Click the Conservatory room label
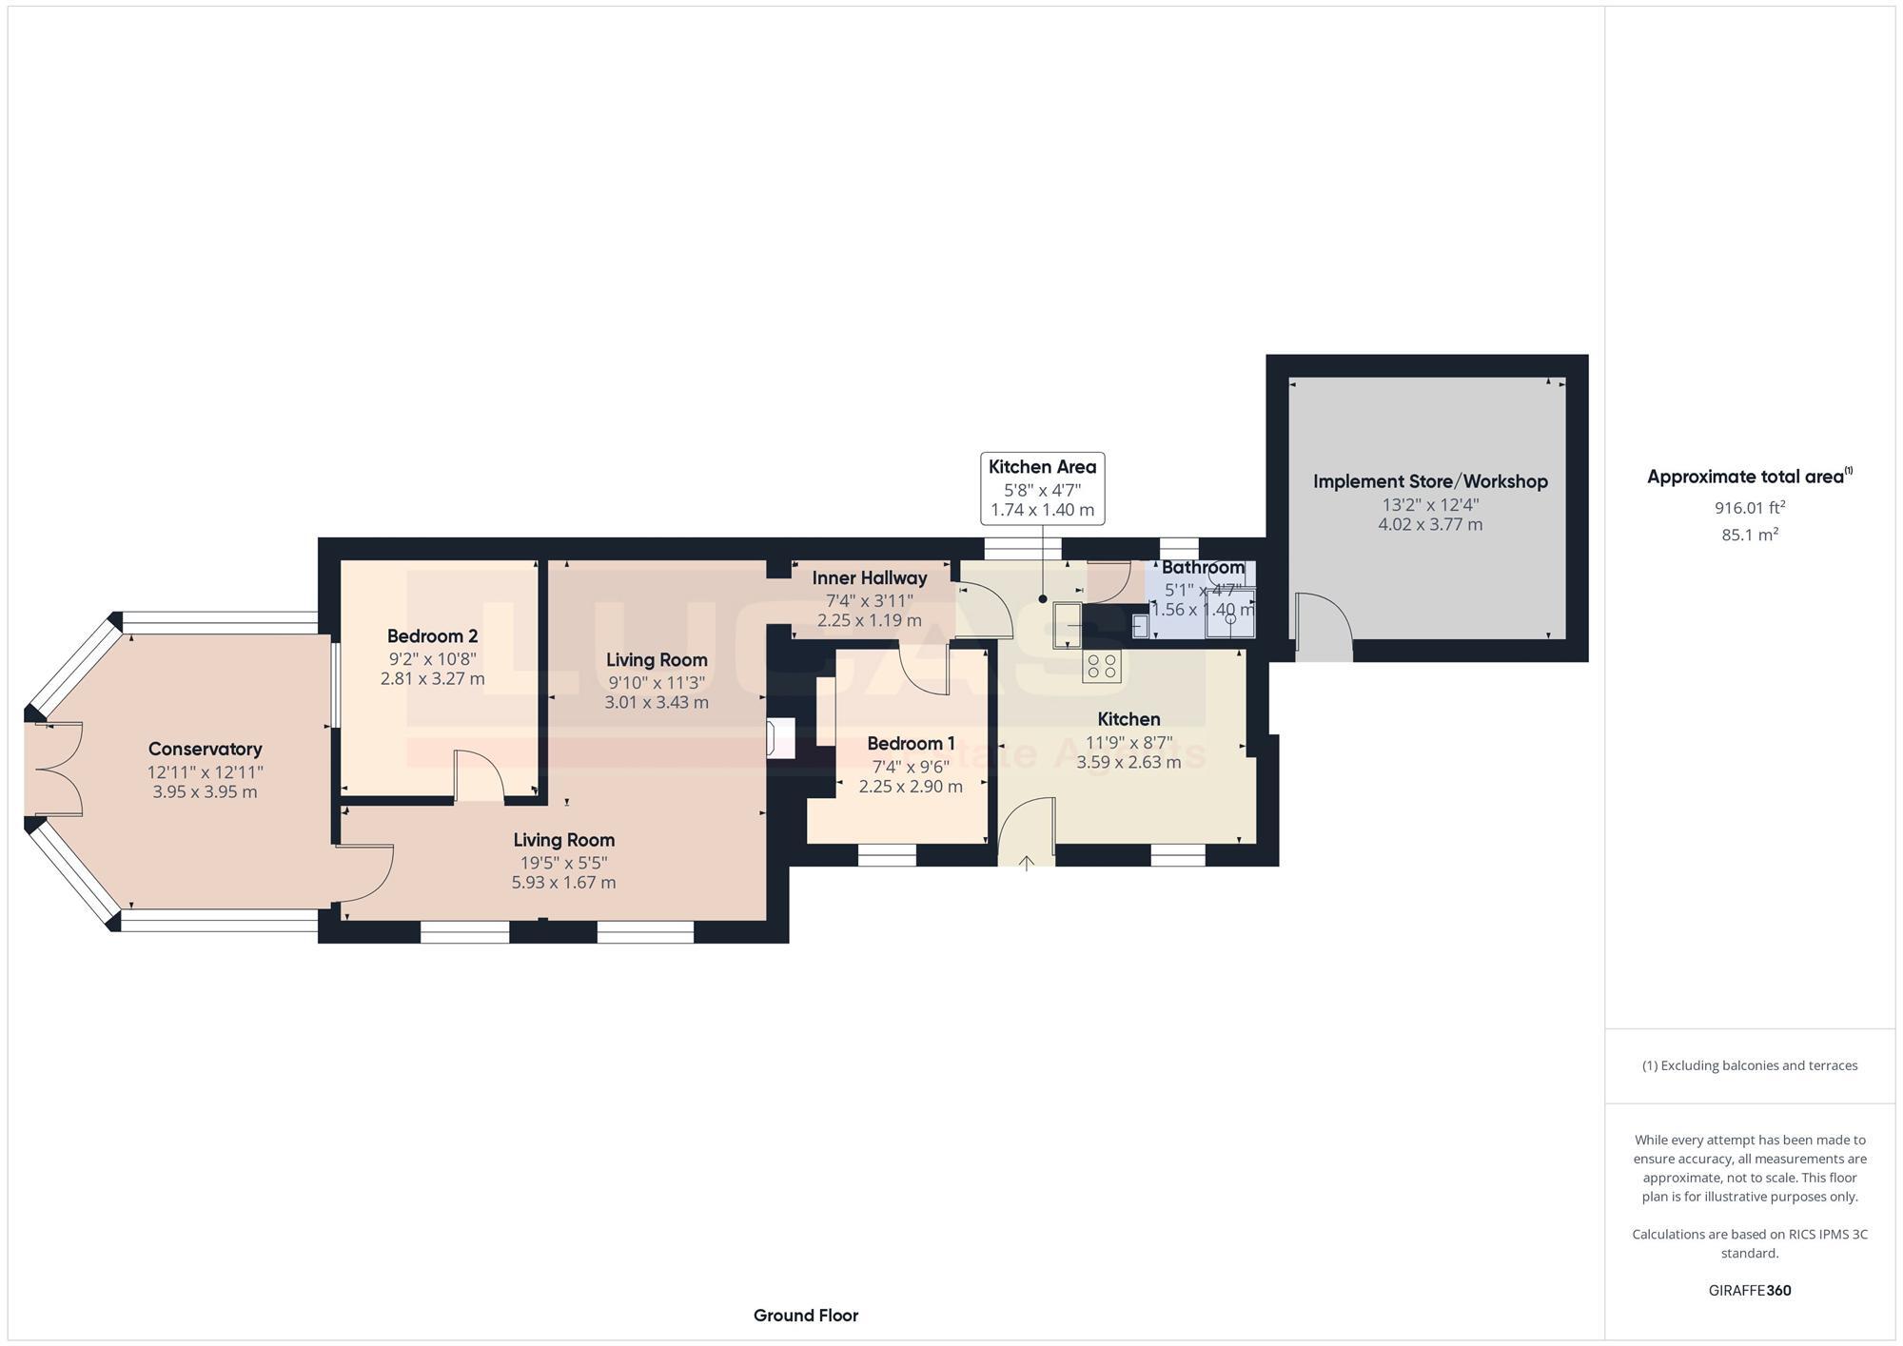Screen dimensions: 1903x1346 [205, 749]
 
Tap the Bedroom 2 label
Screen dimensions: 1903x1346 [432, 635]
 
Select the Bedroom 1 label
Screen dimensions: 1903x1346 [911, 743]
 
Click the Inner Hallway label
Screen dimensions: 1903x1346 [869, 577]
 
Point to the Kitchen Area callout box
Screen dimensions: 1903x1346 [1042, 488]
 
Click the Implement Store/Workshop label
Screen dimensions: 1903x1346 [1430, 481]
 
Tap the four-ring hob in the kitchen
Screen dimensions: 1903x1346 [1102, 666]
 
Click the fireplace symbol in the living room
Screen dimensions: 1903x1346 [780, 738]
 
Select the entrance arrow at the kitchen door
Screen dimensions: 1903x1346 [1027, 863]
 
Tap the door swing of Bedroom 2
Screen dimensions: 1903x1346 [479, 776]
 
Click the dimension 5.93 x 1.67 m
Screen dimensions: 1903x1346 [563, 883]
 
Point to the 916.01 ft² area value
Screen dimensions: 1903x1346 [1749, 508]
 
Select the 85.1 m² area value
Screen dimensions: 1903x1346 [1749, 535]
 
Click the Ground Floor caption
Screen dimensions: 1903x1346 [805, 1316]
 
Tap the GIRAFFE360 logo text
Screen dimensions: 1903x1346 [1749, 1291]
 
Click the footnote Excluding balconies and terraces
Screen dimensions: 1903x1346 [1749, 1065]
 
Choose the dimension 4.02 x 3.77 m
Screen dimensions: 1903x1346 [1430, 524]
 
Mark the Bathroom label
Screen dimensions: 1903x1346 [1203, 567]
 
